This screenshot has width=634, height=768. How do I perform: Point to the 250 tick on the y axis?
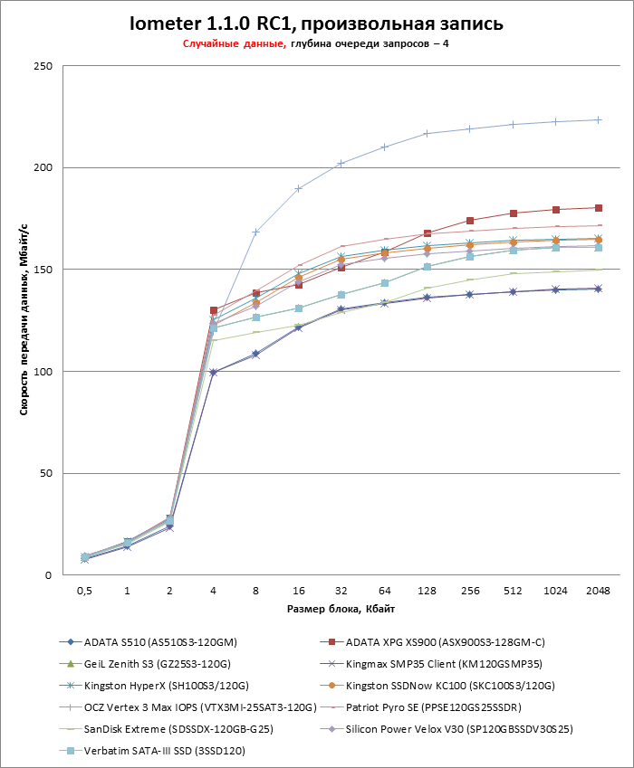coord(43,66)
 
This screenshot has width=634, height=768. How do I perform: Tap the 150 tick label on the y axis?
coord(43,270)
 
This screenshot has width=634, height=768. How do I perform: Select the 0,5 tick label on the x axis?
coord(84,590)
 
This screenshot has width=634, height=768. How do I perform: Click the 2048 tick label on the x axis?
coord(598,590)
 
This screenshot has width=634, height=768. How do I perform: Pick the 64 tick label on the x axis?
coord(384,590)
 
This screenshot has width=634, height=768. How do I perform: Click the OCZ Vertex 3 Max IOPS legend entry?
coord(191,706)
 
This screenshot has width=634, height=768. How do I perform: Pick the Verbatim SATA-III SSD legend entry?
coord(158,750)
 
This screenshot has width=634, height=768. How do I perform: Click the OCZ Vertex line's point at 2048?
coord(598,119)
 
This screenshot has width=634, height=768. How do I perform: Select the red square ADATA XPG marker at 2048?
coord(598,208)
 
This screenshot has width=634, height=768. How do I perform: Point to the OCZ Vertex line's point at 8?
coord(255,232)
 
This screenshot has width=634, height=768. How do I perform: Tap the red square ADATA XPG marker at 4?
coord(213,310)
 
